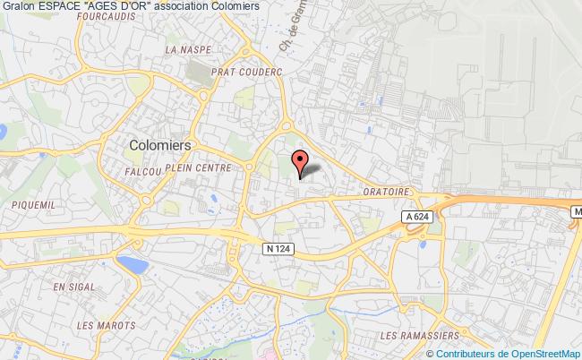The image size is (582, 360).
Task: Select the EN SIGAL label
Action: pos(73,287)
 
